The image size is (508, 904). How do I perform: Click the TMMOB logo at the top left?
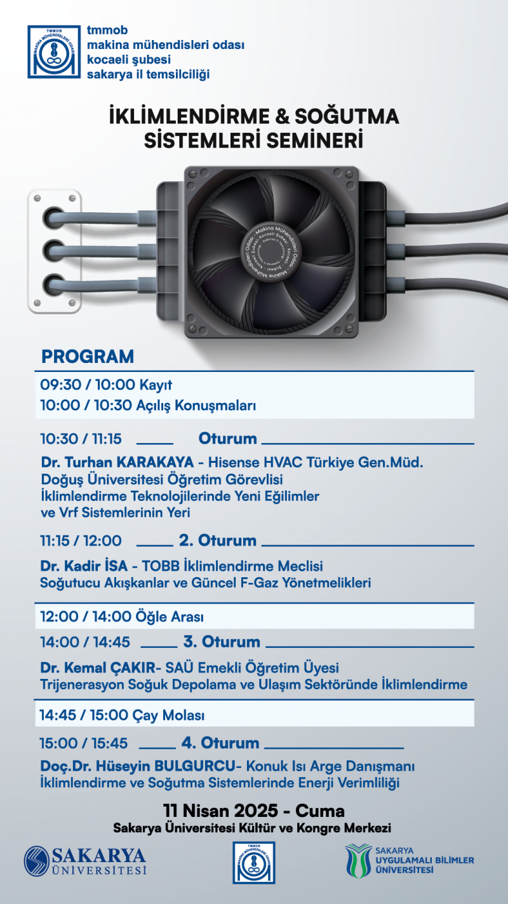point(54,51)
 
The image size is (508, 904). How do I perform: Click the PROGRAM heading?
point(88,357)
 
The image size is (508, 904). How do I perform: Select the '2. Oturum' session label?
point(218,540)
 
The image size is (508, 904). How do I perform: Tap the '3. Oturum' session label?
point(222,641)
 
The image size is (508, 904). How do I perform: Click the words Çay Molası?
point(168,716)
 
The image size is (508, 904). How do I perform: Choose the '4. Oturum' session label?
point(220,743)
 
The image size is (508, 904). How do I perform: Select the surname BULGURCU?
point(197,767)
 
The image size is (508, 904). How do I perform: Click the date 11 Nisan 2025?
point(220,811)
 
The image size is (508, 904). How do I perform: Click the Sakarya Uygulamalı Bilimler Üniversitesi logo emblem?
point(358,860)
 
